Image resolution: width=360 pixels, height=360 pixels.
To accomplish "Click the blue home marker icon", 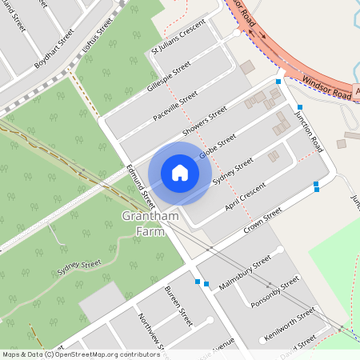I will point(180,173).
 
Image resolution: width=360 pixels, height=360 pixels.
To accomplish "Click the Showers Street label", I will point(205,122).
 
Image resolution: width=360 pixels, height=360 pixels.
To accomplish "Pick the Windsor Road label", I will point(328,88).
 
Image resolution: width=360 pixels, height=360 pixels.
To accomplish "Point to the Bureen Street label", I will point(178,304).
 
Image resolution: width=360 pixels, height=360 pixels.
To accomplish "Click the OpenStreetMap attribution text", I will point(70,354).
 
